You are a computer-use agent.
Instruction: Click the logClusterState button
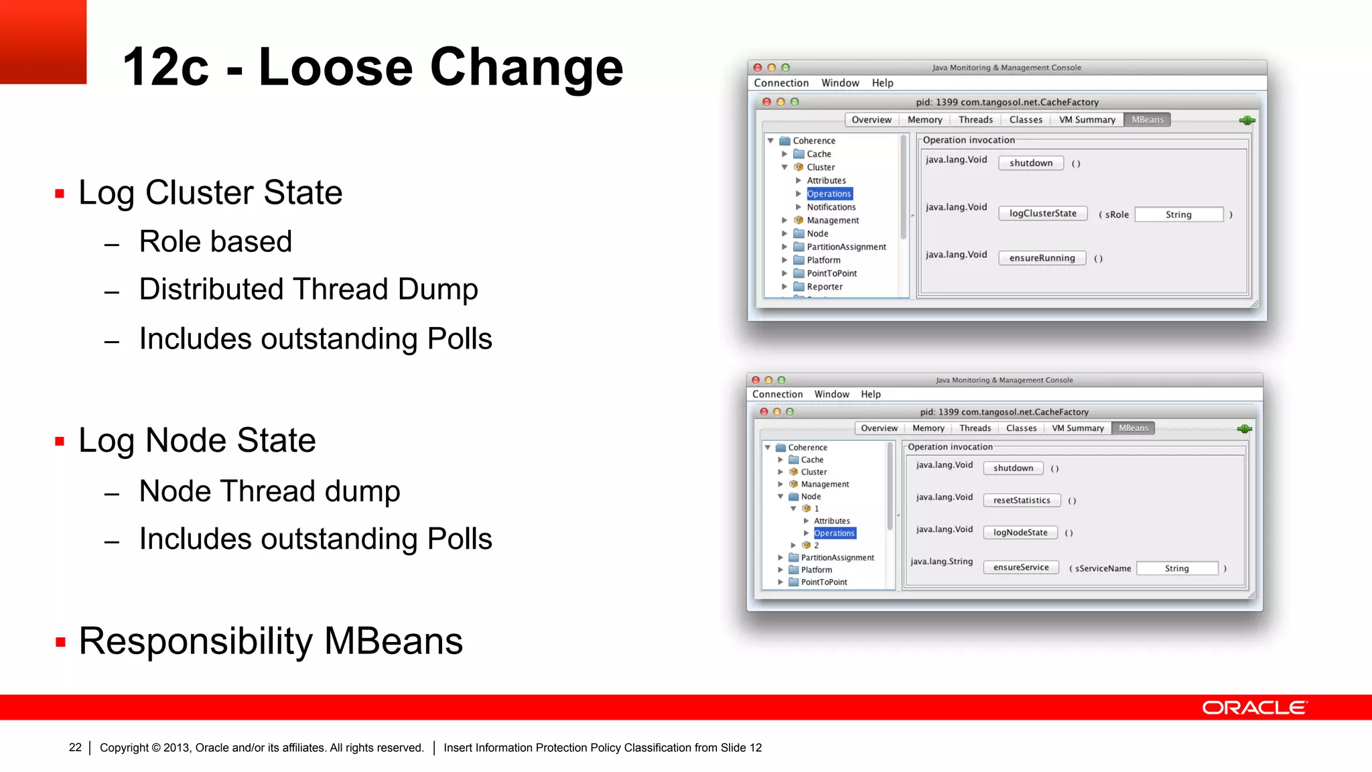click(1042, 214)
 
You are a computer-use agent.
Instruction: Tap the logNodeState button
click(1020, 533)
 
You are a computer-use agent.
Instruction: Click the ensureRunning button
click(1042, 258)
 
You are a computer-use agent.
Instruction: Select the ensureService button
click(1020, 568)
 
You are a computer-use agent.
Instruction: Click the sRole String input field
click(1178, 214)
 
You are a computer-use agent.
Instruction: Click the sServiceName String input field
click(1176, 568)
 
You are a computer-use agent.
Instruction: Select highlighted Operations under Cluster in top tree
click(829, 194)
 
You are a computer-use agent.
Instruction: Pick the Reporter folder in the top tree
click(824, 287)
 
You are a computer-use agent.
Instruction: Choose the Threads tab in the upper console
click(975, 120)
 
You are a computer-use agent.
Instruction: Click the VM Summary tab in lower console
click(1077, 428)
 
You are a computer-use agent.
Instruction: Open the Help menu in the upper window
click(882, 83)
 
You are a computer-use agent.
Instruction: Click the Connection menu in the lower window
click(777, 395)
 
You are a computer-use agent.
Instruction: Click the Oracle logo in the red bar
click(1254, 708)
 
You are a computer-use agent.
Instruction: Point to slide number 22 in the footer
click(75, 747)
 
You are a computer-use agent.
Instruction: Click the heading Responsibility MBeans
click(271, 641)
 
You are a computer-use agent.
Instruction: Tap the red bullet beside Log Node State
click(60, 442)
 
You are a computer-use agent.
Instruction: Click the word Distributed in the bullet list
click(211, 289)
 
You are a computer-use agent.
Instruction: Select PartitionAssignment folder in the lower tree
click(837, 558)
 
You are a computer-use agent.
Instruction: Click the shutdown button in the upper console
click(1030, 163)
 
